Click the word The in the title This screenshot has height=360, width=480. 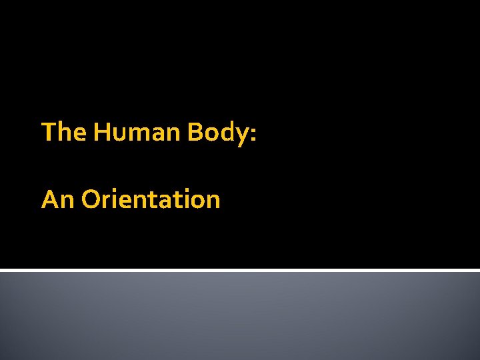pyautogui.click(x=64, y=132)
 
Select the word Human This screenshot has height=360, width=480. pyautogui.click(x=138, y=132)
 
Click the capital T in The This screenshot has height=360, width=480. pyautogui.click(x=48, y=132)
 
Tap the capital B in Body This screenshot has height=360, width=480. pyautogui.click(x=195, y=132)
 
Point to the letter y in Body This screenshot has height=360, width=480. pyautogui.click(x=241, y=135)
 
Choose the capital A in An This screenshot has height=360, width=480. pyautogui.click(x=50, y=199)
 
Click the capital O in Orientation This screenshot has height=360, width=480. pyautogui.click(x=91, y=199)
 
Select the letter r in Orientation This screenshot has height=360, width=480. pyautogui.click(x=105, y=201)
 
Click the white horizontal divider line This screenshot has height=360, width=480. pyautogui.click(x=240, y=270)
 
